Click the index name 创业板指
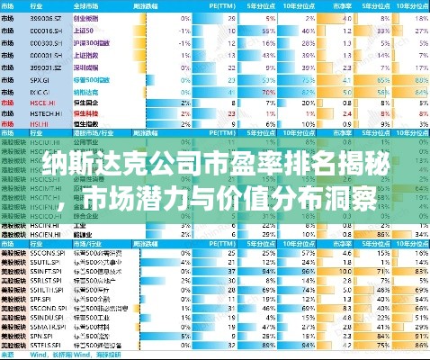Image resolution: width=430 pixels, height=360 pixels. click(87, 17)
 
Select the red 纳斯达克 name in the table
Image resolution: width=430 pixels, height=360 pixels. click(88, 91)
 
